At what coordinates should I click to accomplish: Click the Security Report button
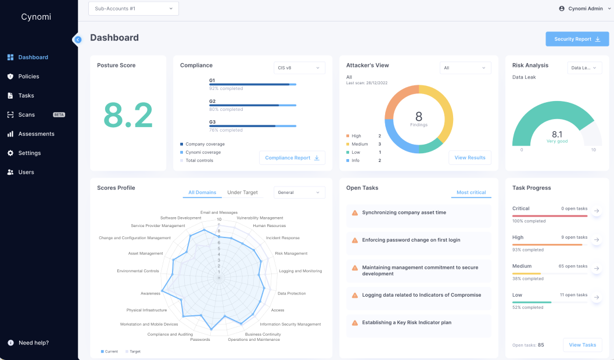coord(577,39)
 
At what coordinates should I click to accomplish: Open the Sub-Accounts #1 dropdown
coord(134,9)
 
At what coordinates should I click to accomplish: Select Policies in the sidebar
coord(28,77)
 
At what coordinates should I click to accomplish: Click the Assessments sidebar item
coord(36,134)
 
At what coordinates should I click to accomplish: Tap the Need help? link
coord(33,343)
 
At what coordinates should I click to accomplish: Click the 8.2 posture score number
coord(128,116)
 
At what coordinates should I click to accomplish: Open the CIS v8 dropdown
coord(299,68)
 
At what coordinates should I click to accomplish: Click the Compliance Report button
coord(292,158)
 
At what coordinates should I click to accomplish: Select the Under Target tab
coord(242,193)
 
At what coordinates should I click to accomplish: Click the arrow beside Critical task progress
coord(596,211)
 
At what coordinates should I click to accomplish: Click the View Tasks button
coord(582,345)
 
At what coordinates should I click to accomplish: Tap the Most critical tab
coord(471,193)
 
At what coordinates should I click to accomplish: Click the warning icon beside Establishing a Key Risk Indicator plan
coord(355,323)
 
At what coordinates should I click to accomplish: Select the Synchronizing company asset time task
coord(404,213)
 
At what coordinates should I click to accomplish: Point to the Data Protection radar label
coord(292,294)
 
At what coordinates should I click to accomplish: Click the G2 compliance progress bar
coord(253,105)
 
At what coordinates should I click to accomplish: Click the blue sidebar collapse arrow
coord(78,39)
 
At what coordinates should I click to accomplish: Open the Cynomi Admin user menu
coord(584,9)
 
